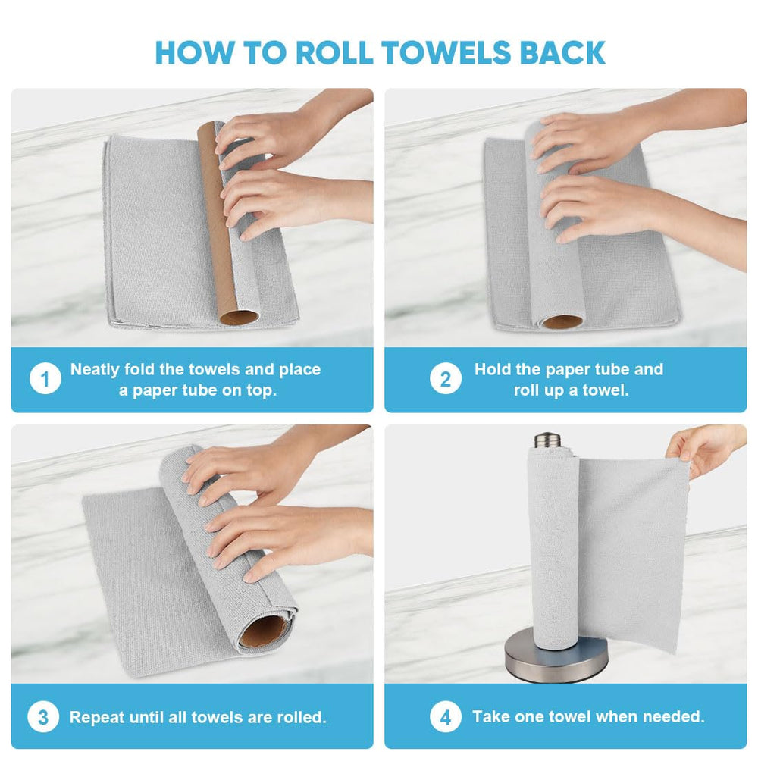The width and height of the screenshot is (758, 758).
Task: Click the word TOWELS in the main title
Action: click(x=446, y=53)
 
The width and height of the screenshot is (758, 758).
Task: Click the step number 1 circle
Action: click(x=45, y=378)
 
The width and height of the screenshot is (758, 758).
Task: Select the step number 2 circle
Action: click(x=445, y=378)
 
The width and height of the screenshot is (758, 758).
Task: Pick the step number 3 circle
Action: click(x=43, y=717)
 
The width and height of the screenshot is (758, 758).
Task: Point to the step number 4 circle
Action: click(x=445, y=717)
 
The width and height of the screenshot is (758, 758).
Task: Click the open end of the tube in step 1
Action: click(x=240, y=318)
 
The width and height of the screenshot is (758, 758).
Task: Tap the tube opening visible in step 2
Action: click(x=562, y=321)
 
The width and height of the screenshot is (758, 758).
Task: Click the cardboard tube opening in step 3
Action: click(x=265, y=631)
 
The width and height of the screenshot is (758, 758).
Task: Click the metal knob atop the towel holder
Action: click(x=548, y=440)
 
